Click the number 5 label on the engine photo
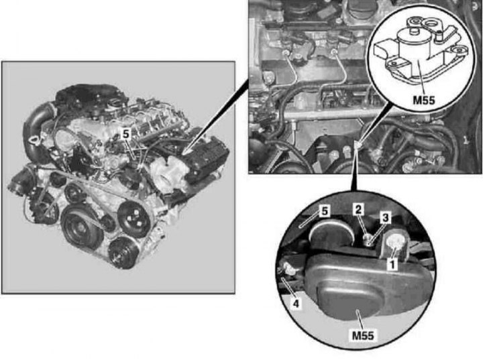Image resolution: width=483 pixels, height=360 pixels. coord(127,134)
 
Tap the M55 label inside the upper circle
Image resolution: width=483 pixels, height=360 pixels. coord(423,100)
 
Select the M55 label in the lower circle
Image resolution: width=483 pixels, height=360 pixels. coord(363,335)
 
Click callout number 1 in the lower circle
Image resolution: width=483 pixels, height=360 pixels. coord(392,264)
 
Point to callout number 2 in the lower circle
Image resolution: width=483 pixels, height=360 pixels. coord(358,209)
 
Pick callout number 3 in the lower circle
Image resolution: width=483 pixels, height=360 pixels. coord(385,218)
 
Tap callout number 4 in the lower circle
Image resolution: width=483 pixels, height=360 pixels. coord(296,303)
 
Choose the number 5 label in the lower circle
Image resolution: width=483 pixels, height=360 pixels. coord(325,211)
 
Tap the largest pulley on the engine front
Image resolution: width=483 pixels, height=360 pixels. coord(81,227)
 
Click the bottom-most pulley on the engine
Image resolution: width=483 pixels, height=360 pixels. coord(123,252)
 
